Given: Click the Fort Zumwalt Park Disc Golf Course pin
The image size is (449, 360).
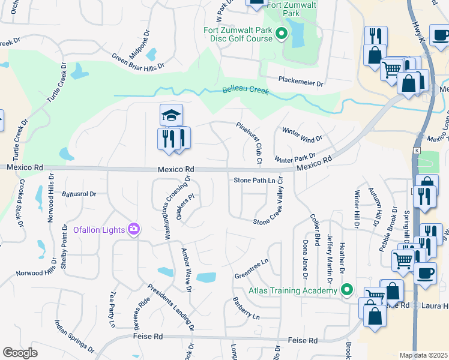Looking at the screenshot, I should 282,37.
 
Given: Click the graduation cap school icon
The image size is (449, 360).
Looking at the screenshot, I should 171,115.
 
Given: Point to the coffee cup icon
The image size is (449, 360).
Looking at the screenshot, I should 426,273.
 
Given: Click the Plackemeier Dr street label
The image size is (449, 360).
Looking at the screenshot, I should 300,81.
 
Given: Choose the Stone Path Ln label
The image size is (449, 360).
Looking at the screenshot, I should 258,180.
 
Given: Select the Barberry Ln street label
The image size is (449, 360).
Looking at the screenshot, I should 246,308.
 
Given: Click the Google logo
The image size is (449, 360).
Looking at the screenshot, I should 20,352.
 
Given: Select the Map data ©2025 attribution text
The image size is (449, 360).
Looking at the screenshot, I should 423,355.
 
